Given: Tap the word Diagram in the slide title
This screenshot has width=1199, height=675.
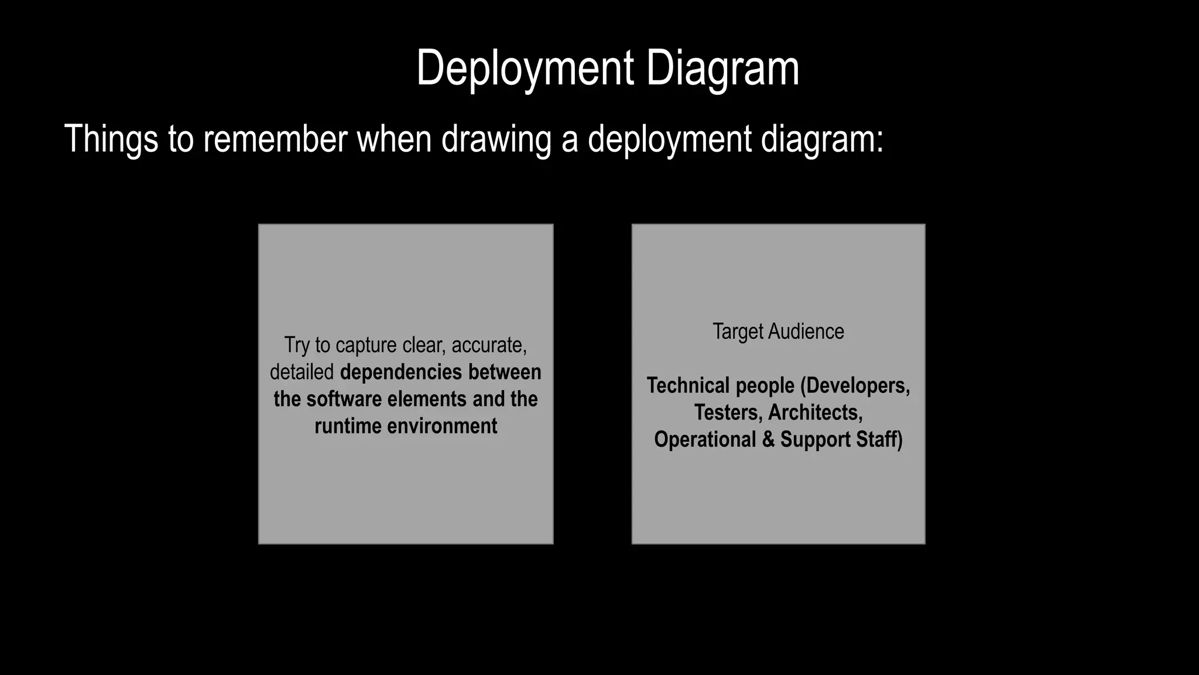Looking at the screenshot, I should tap(722, 69).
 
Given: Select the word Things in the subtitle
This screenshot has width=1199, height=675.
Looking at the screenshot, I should tap(111, 139).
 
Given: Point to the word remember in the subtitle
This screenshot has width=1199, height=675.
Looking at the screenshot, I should tap(275, 139).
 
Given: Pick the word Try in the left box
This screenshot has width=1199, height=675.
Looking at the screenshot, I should tap(297, 345).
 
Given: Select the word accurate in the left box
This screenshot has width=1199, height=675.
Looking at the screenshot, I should tap(489, 345).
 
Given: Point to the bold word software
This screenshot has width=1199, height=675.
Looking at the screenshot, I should tap(344, 399).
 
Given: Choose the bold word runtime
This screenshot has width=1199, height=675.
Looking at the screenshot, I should tap(348, 426).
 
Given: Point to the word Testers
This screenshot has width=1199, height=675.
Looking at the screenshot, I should tap(728, 412).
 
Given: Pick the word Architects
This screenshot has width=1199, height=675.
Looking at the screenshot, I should tap(815, 412).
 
